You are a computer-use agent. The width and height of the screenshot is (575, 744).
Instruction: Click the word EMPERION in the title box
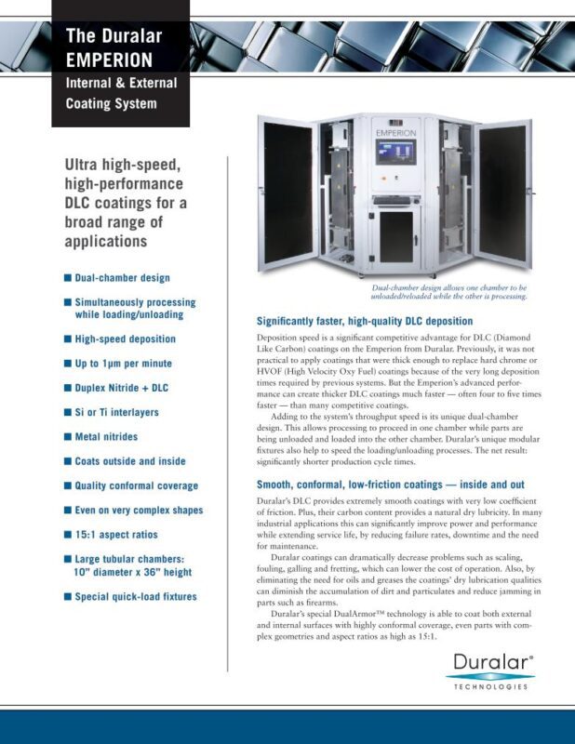pos(109,60)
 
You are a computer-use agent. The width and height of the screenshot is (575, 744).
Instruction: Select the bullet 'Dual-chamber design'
pos(122,277)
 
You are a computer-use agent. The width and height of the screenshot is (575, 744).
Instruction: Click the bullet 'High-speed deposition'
pos(125,339)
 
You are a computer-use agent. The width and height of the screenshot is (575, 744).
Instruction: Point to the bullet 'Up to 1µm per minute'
pos(123,364)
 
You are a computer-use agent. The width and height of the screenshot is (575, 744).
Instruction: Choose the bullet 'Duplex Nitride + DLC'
pos(122,388)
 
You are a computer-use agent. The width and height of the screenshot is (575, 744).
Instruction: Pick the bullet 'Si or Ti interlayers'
pos(116,412)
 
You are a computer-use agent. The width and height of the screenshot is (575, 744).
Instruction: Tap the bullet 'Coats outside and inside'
pos(129,461)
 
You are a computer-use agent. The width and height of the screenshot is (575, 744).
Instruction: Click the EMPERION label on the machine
pos(397,133)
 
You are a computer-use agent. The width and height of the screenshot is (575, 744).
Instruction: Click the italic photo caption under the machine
pos(448,293)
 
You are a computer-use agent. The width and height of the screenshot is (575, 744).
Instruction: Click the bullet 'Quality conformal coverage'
pos(136,485)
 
